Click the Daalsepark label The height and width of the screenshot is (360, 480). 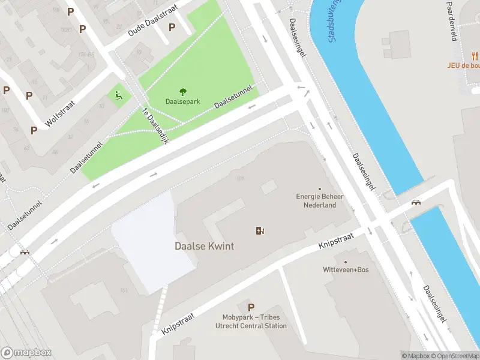coord(183,103)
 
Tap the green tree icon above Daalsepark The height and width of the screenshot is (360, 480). coord(183,92)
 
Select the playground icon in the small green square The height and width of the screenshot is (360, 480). coord(118,95)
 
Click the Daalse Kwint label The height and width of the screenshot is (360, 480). coord(204,246)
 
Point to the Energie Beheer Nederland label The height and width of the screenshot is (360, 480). coord(316,200)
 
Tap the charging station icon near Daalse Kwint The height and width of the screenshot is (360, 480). coord(260,230)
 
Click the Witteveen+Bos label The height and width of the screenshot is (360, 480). coord(346,269)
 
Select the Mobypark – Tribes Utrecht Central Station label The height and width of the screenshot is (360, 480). coord(251,322)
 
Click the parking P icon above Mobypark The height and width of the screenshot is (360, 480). coord(251,307)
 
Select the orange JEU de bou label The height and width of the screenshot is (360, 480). coord(463,65)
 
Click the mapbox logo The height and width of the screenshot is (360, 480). coord(26,353)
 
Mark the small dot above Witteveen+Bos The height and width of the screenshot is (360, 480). coord(346,262)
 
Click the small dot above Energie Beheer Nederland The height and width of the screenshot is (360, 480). coord(319,189)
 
